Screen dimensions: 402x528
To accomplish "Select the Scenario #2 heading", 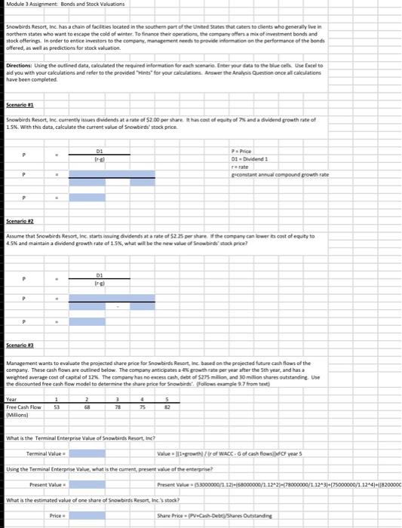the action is tap(17, 221).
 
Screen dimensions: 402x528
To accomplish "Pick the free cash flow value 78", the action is tap(137, 407).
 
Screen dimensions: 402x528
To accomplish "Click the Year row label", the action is tap(11, 399).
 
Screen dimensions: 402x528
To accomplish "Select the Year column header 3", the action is tap(137, 399).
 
